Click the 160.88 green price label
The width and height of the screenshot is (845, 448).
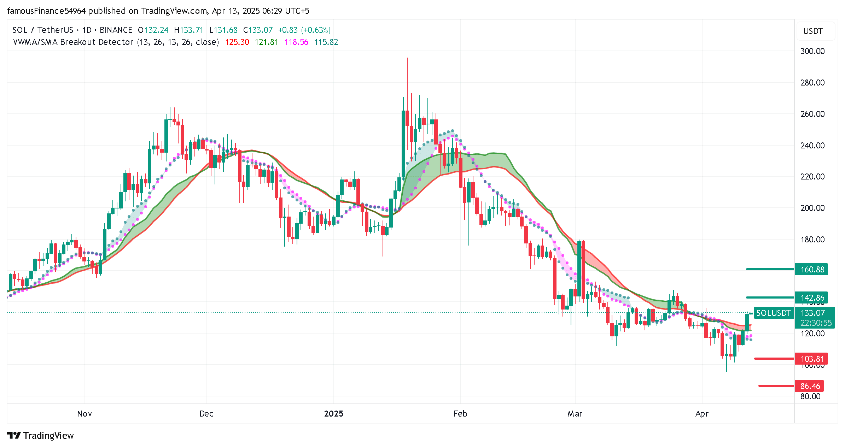pyautogui.click(x=812, y=270)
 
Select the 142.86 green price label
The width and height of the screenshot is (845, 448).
pyautogui.click(x=812, y=298)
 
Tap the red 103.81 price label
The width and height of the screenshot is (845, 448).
pyautogui.click(x=812, y=359)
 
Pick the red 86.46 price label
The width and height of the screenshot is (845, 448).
pyautogui.click(x=810, y=386)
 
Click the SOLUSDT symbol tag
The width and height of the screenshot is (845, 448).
pyautogui.click(x=773, y=313)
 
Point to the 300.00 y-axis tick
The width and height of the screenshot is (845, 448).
pyautogui.click(x=812, y=51)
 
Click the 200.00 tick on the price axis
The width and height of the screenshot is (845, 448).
pyautogui.click(x=812, y=208)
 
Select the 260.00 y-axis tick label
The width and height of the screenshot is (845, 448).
pyautogui.click(x=812, y=114)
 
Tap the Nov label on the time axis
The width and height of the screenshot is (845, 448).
pyautogui.click(x=84, y=414)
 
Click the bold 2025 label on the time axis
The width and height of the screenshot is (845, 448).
pyautogui.click(x=333, y=414)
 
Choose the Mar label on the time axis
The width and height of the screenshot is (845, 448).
pyautogui.click(x=575, y=414)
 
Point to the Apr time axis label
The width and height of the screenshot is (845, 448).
pyautogui.click(x=702, y=414)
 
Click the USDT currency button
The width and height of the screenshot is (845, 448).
pyautogui.click(x=813, y=31)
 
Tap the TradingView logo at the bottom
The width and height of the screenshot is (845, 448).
pyautogui.click(x=41, y=436)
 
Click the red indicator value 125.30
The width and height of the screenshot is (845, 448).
pyautogui.click(x=237, y=42)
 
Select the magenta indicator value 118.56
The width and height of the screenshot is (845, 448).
pyautogui.click(x=296, y=42)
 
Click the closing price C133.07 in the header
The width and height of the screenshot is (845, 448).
pyautogui.click(x=258, y=30)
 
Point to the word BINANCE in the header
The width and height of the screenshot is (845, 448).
pyautogui.click(x=116, y=30)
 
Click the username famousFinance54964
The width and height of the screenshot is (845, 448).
pyautogui.click(x=46, y=11)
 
